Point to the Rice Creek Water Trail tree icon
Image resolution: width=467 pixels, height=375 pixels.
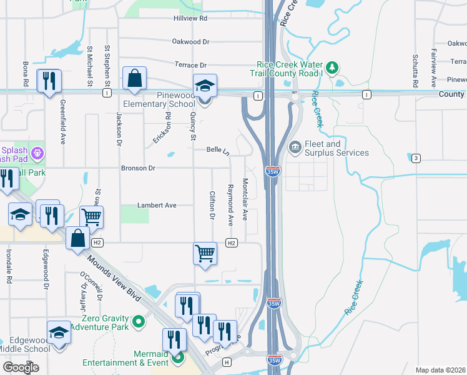coord(333,66)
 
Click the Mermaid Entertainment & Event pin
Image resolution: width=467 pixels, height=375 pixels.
coord(178,357)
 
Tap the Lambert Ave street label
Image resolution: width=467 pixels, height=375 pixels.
coord(157,205)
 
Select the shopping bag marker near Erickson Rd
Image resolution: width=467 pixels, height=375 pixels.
coord(134,79)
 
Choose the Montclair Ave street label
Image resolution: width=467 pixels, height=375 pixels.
coord(245,199)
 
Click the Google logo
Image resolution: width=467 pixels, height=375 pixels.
coord(21,367)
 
